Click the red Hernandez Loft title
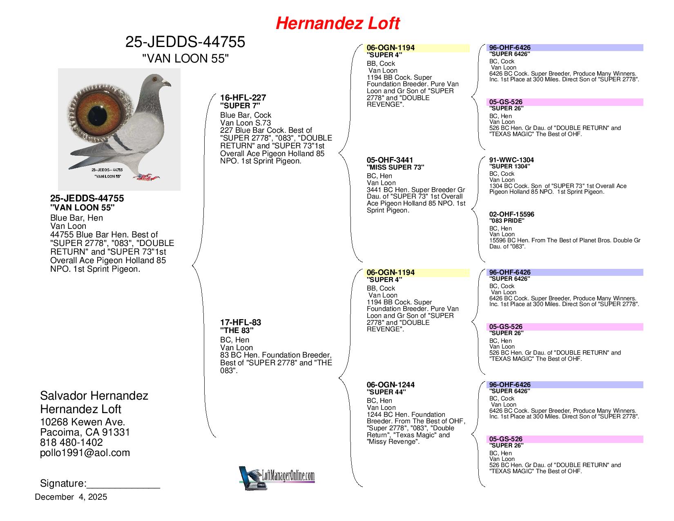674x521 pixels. click(337, 24)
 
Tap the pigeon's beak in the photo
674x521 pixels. click(167, 84)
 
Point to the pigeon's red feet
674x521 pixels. click(146, 177)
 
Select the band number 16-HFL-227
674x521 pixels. click(243, 98)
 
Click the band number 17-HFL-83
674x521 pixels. click(241, 322)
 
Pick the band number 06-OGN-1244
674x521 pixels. click(391, 385)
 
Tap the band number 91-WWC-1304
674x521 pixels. click(511, 160)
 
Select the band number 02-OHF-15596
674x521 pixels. click(511, 215)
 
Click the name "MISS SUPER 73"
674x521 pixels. click(395, 167)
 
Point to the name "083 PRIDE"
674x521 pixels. click(507, 221)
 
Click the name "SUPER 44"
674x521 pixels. click(386, 392)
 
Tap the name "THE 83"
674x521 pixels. click(237, 330)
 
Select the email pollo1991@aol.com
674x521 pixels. click(85, 453)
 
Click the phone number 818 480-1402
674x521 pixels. click(71, 443)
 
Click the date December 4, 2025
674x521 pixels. click(71, 497)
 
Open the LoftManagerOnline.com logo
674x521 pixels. click(277, 477)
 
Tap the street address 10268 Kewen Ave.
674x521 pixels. click(83, 422)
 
